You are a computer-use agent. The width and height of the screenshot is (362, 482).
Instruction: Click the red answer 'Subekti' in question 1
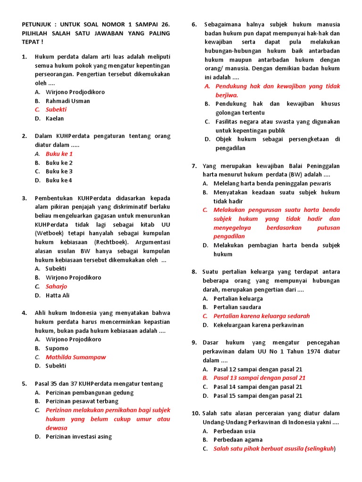coord(56,110)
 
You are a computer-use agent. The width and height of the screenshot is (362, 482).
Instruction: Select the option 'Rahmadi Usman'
coord(67,101)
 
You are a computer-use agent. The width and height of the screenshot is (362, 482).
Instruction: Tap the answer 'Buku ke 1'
coord(59,154)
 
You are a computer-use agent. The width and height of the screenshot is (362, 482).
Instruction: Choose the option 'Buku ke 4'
coord(59,180)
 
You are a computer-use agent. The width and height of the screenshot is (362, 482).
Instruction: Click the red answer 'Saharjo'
coord(56,286)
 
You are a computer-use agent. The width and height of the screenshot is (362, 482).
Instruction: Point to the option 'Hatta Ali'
coord(58,295)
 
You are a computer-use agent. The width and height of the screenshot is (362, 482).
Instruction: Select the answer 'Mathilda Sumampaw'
coord(75,357)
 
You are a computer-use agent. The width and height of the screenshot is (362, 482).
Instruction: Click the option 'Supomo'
coord(57,348)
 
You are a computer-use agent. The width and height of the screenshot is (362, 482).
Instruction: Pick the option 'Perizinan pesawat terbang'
coord(82,401)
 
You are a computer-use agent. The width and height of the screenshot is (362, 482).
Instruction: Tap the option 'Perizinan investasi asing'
coord(79,436)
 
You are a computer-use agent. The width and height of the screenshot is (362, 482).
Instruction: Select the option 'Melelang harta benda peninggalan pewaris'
coord(272,184)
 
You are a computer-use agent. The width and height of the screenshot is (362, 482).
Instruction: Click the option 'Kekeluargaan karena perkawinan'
coord(258,325)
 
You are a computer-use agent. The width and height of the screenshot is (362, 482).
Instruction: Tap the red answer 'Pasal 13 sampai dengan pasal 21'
coord(259,378)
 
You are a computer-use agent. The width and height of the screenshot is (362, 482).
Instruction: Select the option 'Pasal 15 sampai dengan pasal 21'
coord(258,395)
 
